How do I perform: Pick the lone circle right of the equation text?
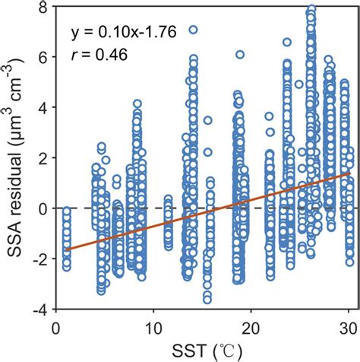[x=193, y=30]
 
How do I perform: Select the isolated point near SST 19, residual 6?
[x=240, y=55]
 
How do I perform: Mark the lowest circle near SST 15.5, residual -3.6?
[x=207, y=299]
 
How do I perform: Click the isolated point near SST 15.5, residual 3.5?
[x=207, y=120]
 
